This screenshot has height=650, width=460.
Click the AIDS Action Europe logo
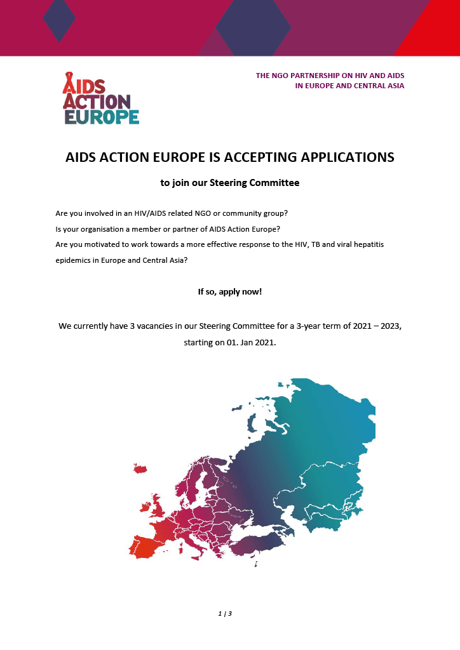tap(100, 98)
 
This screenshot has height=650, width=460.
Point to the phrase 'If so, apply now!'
tap(230, 292)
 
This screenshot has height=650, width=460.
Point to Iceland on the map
tap(140, 468)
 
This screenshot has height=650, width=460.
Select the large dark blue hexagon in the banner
tap(253, 28)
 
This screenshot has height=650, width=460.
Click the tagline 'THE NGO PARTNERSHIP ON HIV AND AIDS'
tap(330, 76)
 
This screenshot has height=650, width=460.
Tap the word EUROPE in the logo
tap(102, 117)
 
